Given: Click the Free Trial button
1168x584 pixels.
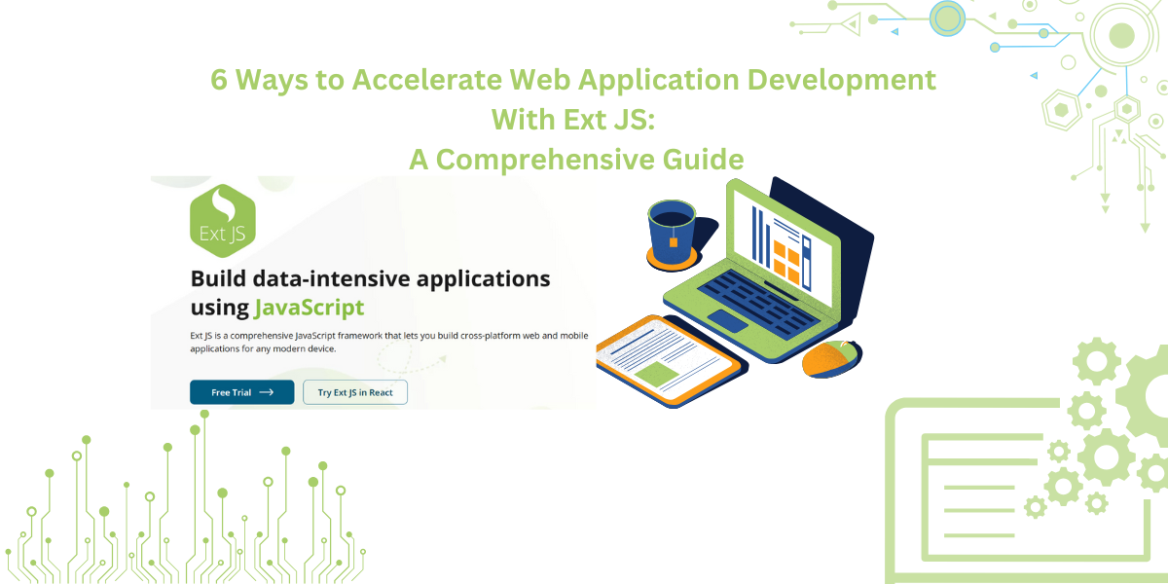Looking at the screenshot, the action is pos(242,392).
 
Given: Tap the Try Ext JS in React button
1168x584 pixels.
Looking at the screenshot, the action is pos(355,392).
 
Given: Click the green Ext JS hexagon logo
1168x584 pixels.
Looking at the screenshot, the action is pos(223,221).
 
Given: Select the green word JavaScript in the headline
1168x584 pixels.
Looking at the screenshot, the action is pos(310,308).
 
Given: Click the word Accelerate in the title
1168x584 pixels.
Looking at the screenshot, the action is pos(427,80).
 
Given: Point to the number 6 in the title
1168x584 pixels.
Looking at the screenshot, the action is pos(219,80).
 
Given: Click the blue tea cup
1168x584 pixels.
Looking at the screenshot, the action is pos(672,233).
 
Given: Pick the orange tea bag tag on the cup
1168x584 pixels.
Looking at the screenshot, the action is pos(674,242).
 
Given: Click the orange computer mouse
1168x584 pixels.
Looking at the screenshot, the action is pos(831,358).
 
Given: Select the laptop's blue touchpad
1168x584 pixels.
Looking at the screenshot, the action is pos(727,320).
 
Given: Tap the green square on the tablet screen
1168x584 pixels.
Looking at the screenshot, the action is pos(656,375).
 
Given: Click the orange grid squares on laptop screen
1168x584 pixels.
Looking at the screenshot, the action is pos(786,263).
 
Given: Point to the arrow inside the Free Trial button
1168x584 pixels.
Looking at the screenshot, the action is pos(267,392).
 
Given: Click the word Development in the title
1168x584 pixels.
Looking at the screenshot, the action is pos(842,80).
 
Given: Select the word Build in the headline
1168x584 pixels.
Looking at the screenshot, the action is pos(218,278).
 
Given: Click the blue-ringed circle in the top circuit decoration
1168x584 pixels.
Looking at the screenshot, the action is pos(947,18).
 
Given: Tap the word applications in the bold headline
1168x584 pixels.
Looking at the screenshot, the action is pos(483,280).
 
